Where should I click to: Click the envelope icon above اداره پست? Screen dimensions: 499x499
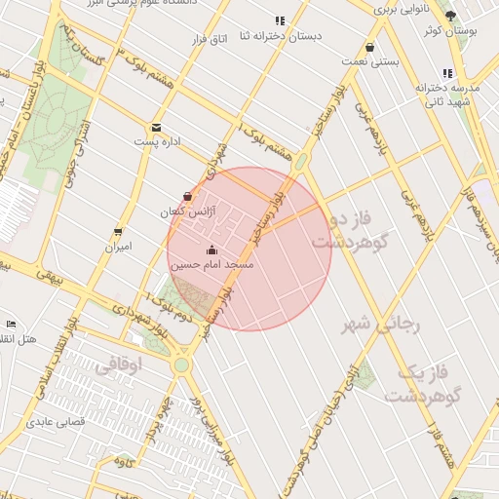(156, 128)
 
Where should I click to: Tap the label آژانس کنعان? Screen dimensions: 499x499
(189, 211)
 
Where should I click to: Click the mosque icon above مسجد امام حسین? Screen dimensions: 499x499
(212, 250)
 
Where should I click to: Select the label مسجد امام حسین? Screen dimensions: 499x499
(212, 265)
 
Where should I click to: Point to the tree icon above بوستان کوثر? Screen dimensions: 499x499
(450, 16)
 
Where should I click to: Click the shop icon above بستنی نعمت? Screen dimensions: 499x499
(369, 48)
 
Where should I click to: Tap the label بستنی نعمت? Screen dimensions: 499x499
(370, 61)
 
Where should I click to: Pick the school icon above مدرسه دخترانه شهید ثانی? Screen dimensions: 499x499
(447, 73)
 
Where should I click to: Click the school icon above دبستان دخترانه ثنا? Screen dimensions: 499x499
(281, 20)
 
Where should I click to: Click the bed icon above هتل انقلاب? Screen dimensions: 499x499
(11, 324)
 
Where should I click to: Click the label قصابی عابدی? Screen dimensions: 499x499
(58, 422)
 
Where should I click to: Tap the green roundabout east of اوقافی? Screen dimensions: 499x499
(181, 365)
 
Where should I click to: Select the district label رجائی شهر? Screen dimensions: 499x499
(380, 325)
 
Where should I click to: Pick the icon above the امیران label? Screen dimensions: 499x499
(118, 233)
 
